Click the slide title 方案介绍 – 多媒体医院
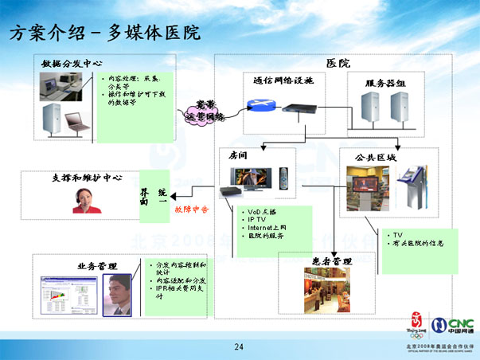click(x=103, y=33)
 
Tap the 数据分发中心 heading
click(x=72, y=62)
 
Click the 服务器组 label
click(x=386, y=83)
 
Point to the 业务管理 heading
click(x=97, y=264)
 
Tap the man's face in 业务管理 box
click(x=120, y=288)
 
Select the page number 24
click(x=239, y=346)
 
